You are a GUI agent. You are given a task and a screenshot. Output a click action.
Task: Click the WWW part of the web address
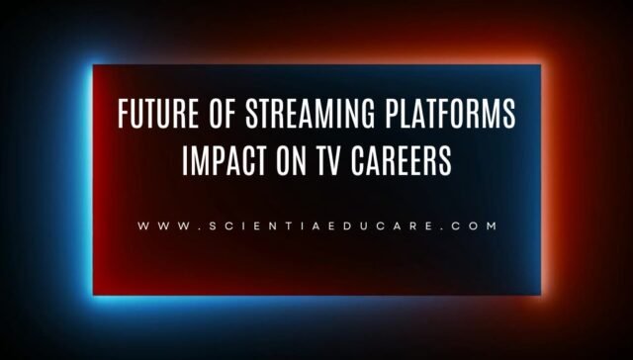(158, 225)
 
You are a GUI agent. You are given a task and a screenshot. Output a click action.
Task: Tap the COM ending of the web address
(471, 225)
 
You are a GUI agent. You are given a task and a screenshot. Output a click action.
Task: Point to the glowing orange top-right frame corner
(541, 66)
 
